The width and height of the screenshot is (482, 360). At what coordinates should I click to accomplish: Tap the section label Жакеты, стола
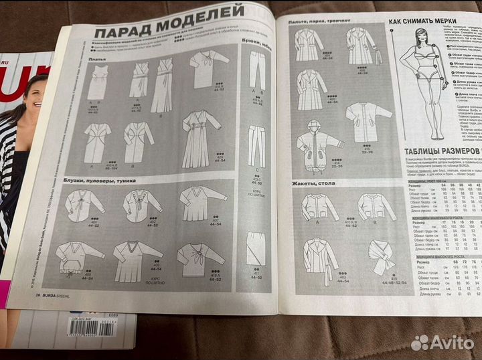tap(313, 183)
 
